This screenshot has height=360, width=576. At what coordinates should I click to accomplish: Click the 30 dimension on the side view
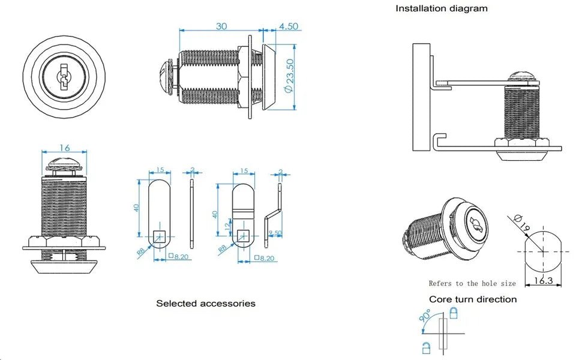pyautogui.click(x=221, y=26)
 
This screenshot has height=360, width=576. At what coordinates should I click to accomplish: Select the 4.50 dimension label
pyautogui.click(x=289, y=26)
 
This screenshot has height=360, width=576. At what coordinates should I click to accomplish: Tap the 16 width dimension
pyautogui.click(x=64, y=147)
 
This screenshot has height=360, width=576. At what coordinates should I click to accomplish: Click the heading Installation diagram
pyautogui.click(x=441, y=8)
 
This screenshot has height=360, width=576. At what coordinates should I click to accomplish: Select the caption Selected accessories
pyautogui.click(x=206, y=304)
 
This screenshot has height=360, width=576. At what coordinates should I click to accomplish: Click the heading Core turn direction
pyautogui.click(x=472, y=299)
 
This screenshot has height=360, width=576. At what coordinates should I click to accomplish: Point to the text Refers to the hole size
pyautogui.click(x=472, y=283)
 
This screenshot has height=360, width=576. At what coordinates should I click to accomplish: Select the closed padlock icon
pyautogui.click(x=454, y=312)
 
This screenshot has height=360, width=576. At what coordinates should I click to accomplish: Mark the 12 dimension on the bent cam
pyautogui.click(x=226, y=226)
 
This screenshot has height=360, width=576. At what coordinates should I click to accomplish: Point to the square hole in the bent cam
pyautogui.click(x=245, y=235)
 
